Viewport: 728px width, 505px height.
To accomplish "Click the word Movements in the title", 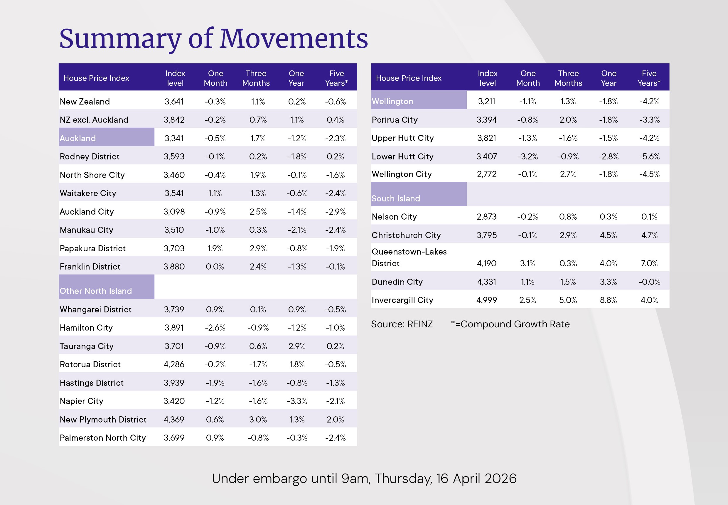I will tap(294, 38).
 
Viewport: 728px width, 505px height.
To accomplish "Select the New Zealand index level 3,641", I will tap(174, 102).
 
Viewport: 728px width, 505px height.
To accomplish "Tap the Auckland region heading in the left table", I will tap(78, 138).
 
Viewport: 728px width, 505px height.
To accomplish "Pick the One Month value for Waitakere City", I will tap(215, 193).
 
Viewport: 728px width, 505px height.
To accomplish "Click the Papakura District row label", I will tap(93, 248).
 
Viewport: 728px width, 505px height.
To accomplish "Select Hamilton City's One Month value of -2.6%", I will tap(215, 327).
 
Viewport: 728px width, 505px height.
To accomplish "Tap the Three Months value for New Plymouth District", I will tap(258, 419).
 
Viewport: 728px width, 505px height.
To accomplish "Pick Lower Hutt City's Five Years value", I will tap(649, 156).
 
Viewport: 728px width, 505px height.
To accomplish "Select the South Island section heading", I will tap(396, 198).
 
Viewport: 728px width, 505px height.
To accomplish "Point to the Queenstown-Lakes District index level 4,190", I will tap(487, 263).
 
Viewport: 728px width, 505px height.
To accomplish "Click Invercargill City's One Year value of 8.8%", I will tap(608, 300).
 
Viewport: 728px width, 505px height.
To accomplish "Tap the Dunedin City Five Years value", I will tap(649, 282).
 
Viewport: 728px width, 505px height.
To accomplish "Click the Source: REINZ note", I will tap(402, 324).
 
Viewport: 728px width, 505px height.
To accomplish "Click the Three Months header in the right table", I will tap(568, 78).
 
